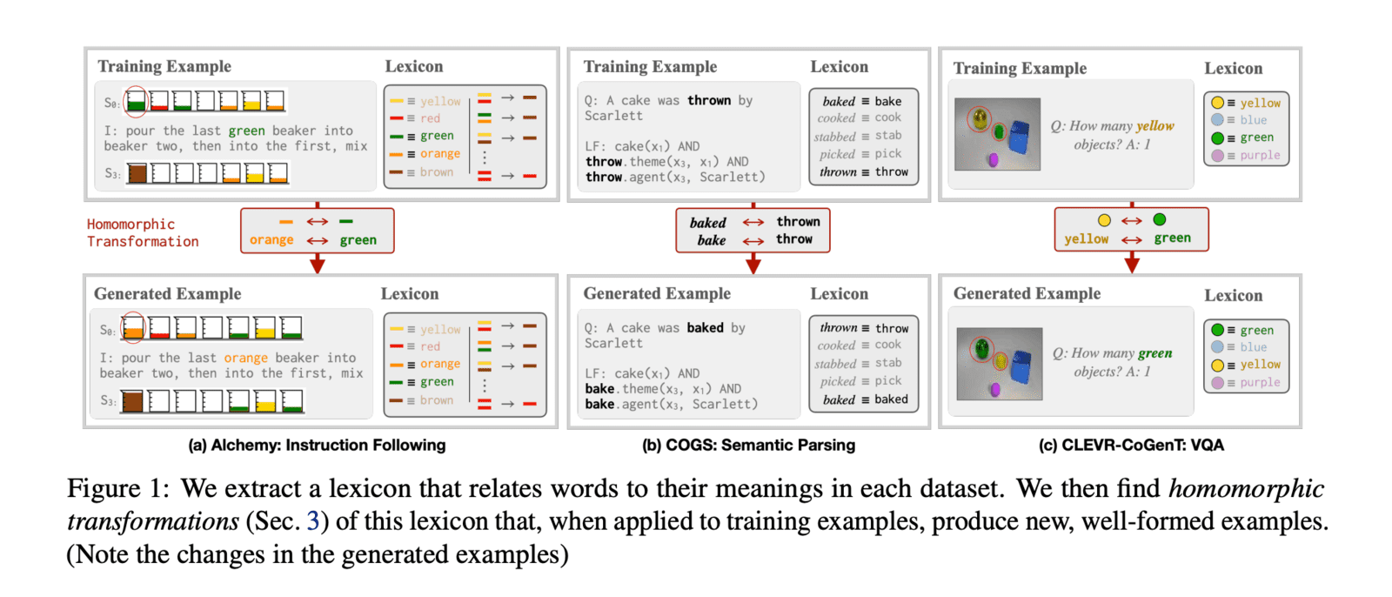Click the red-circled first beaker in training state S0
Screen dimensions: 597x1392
click(x=136, y=102)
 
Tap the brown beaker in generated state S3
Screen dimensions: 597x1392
click(x=132, y=401)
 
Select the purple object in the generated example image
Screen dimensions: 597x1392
click(x=994, y=390)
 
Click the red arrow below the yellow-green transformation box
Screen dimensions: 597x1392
click(x=1131, y=262)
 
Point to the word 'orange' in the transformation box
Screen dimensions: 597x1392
click(x=271, y=240)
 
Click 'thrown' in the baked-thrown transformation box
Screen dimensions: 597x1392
click(x=798, y=222)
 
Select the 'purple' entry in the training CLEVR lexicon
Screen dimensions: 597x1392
click(x=1260, y=156)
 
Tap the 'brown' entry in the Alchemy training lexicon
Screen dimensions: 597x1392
click(x=436, y=172)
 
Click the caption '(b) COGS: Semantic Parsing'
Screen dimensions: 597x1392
click(x=748, y=446)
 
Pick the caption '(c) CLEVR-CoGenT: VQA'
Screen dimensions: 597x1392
click(x=1131, y=446)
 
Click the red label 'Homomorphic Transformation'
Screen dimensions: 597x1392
click(x=143, y=233)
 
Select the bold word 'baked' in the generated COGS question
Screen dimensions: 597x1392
click(x=705, y=328)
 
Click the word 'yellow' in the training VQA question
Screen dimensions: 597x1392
click(x=1154, y=126)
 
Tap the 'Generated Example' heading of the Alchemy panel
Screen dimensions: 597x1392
click(x=167, y=294)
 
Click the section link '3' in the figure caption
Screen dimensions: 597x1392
click(x=313, y=521)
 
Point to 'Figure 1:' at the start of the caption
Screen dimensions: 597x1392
click(x=117, y=488)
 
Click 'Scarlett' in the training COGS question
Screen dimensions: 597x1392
click(x=613, y=116)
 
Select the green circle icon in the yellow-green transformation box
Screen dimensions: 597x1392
click(x=1159, y=220)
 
